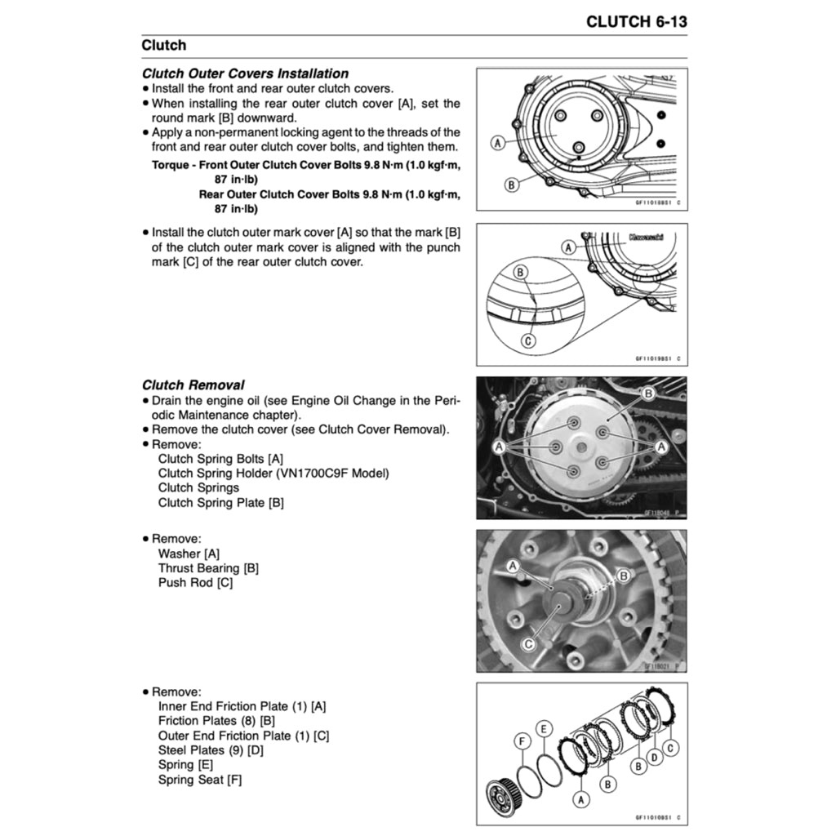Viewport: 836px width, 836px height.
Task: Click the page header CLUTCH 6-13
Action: click(x=636, y=21)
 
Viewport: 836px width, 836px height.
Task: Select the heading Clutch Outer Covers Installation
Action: click(x=245, y=73)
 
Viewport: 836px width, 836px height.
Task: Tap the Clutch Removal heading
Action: click(x=193, y=385)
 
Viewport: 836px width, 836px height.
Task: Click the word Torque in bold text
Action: click(x=171, y=165)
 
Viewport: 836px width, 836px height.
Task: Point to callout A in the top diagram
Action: click(x=496, y=144)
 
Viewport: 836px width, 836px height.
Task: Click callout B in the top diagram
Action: click(x=512, y=185)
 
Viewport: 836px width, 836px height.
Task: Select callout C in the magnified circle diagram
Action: click(x=528, y=340)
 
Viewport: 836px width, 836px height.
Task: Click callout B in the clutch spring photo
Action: click(x=648, y=394)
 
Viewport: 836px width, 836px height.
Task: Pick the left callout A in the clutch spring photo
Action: click(x=497, y=447)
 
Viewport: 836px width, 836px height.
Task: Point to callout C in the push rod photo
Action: click(x=528, y=645)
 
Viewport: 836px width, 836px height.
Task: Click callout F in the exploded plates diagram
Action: click(x=522, y=741)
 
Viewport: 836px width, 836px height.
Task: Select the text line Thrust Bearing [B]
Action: click(x=208, y=568)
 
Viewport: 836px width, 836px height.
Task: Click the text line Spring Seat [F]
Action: click(x=199, y=780)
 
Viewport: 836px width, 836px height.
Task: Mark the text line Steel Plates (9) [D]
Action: click(x=211, y=750)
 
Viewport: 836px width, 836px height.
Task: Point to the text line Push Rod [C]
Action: click(x=195, y=583)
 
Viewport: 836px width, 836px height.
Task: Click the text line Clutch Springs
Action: click(x=198, y=488)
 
